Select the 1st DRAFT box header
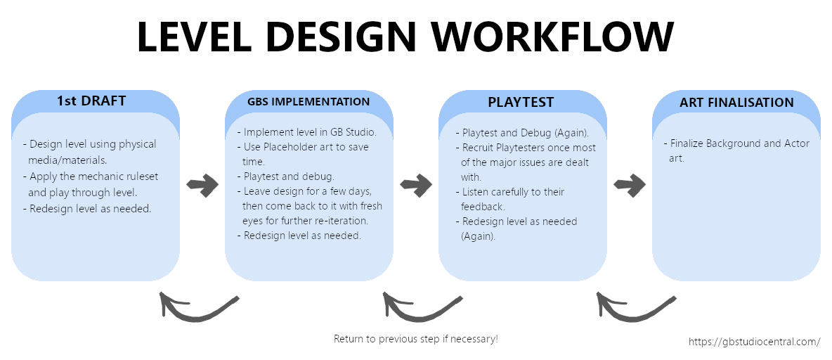(x=91, y=101)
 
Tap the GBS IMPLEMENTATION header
(x=308, y=101)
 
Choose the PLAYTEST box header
(x=521, y=102)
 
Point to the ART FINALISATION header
(x=736, y=103)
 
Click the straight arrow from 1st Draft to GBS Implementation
(x=202, y=186)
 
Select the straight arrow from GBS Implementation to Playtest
(x=416, y=186)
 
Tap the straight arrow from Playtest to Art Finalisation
(x=630, y=186)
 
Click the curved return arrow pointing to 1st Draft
(x=197, y=308)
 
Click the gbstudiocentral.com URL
(x=754, y=342)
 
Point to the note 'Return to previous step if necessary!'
(x=415, y=339)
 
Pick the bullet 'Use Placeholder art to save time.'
(x=306, y=154)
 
